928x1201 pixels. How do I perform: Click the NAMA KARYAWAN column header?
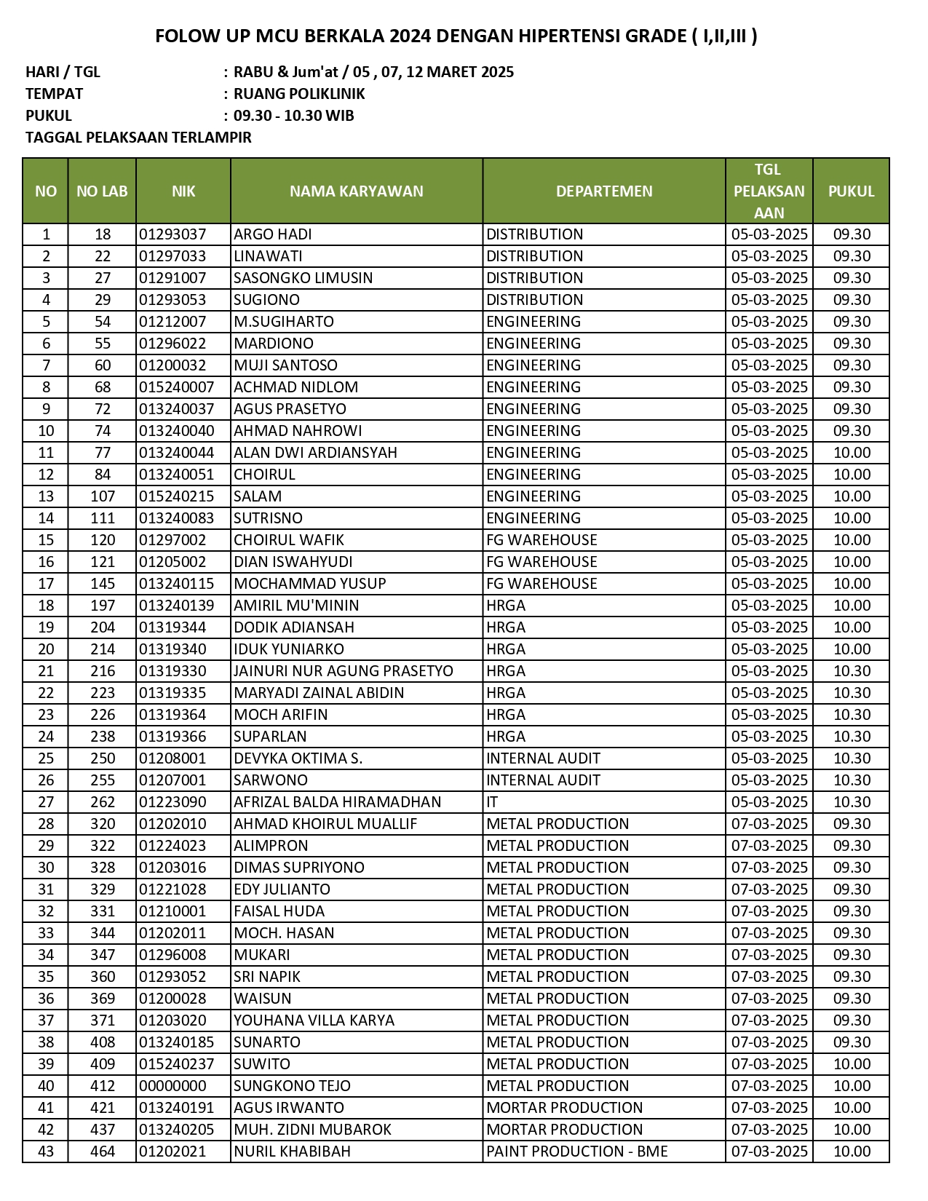pos(356,191)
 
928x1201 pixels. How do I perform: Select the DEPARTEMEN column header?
pos(604,191)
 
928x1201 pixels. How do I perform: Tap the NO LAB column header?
pos(102,191)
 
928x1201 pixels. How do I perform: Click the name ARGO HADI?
pos(273,234)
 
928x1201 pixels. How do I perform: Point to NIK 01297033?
pos(172,256)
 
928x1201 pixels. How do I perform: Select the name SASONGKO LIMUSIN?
pos(303,278)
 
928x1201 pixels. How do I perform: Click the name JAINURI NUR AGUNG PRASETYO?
pos(344,671)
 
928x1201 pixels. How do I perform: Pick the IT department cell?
pos(493,802)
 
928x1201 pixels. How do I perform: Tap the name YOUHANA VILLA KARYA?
pos(314,1020)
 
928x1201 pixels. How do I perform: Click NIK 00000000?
pos(172,1086)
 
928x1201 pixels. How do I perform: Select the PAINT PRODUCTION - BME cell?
pos(577,1152)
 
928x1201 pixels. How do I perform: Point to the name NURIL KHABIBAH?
pos(292,1152)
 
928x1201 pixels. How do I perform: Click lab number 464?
pos(103,1152)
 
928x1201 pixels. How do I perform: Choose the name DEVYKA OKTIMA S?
pos(298,758)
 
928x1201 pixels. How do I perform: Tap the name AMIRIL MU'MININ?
pos(296,606)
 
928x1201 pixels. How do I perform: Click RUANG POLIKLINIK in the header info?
pos(299,94)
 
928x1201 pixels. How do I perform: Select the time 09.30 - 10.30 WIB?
pos(294,116)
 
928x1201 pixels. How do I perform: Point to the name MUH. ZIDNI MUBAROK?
pos(312,1130)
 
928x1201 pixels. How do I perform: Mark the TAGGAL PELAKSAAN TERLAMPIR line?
pos(138,138)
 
